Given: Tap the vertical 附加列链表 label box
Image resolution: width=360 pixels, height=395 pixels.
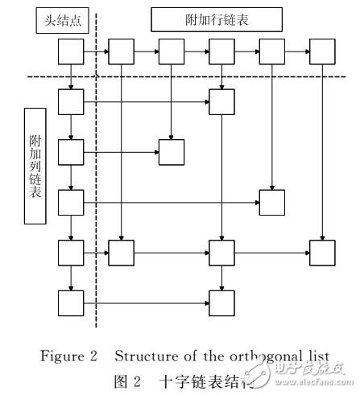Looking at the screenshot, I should click(35, 165).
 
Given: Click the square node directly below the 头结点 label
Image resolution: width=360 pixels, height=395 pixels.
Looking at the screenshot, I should click(70, 53).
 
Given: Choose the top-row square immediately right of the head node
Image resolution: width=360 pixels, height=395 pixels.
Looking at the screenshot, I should click(120, 53).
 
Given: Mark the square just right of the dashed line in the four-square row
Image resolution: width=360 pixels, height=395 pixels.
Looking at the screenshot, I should click(120, 253).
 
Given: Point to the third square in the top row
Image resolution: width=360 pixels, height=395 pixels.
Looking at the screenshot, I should click(171, 53).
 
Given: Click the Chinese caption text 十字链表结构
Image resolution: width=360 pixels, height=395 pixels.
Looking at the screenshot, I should click(221, 379).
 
